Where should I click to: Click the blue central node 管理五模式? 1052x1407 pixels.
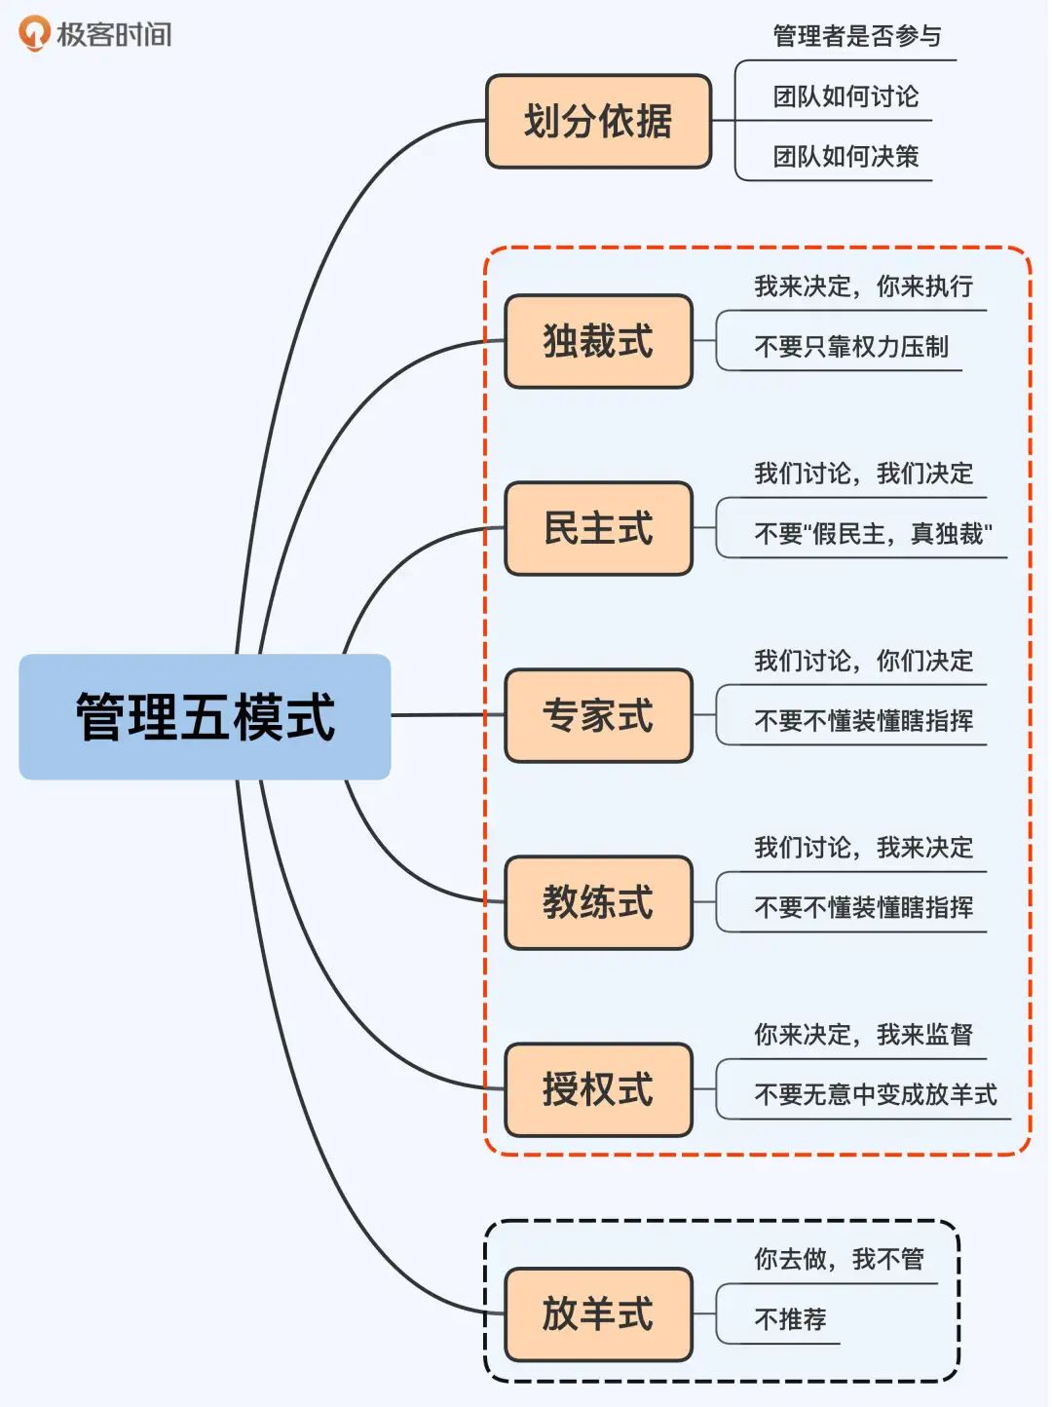tap(205, 716)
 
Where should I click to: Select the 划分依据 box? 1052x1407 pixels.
tap(598, 122)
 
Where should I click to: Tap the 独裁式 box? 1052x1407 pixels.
tap(598, 341)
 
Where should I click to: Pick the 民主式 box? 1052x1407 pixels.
tap(598, 528)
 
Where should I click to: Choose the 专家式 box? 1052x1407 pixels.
tap(598, 715)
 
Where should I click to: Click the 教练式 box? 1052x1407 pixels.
tap(598, 902)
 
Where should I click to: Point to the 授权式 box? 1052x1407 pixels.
tap(598, 1089)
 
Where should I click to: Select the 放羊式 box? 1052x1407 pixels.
tap(598, 1313)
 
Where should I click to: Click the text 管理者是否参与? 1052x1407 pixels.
tap(857, 37)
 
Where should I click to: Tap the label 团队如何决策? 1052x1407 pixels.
tap(845, 156)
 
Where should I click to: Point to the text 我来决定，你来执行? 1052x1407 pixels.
tap(863, 286)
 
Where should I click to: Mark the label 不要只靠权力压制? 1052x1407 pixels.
tap(850, 347)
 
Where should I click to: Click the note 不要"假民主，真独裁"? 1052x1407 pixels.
tap(873, 534)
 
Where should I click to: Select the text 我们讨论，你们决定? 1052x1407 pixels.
tap(863, 661)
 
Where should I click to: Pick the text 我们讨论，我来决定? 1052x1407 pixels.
tap(863, 848)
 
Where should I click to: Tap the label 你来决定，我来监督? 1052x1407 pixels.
tap(863, 1035)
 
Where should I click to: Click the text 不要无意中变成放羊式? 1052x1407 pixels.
tap(875, 1095)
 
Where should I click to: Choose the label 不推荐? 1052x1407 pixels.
tap(790, 1319)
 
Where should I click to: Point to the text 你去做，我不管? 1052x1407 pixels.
tap(839, 1259)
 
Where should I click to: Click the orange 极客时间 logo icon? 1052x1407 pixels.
tap(34, 33)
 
